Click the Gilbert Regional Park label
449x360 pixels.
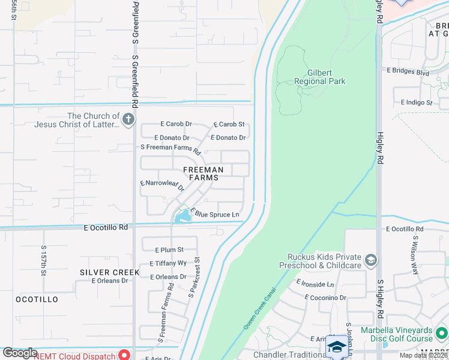pos(321,77)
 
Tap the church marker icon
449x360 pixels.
pos(128,120)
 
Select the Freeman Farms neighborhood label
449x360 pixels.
pos(199,173)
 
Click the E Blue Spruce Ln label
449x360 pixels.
pos(214,214)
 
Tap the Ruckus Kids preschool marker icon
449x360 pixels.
pos(371,260)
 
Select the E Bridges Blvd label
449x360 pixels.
pos(408,73)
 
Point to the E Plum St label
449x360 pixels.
pos(169,250)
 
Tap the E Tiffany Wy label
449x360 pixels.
pos(167,263)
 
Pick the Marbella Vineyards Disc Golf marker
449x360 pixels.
pos(441,332)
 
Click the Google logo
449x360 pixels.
pos(20,353)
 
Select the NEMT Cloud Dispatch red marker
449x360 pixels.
pos(125,355)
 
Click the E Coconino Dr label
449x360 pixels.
pos(325,298)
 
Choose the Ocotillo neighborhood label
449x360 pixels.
pos(37,299)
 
